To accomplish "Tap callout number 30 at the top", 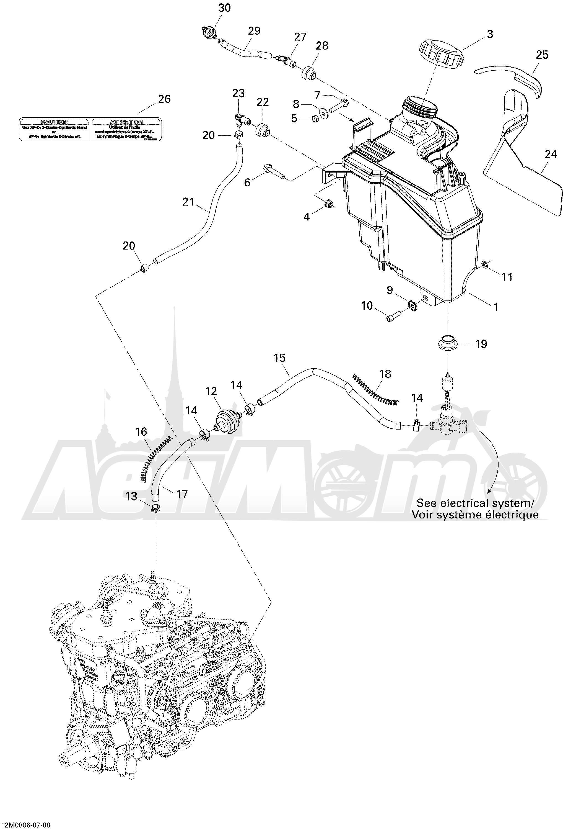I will (x=224, y=7).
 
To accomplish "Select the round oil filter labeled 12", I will (x=228, y=422).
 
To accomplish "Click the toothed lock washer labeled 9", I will (x=411, y=305).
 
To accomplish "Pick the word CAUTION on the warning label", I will (x=54, y=122).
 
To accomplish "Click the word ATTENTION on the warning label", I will (x=126, y=122).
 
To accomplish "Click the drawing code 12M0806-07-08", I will (x=25, y=823).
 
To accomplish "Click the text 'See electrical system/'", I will (x=475, y=503).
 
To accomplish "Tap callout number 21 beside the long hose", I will (x=188, y=202).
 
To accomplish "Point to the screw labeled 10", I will (x=393, y=317).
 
